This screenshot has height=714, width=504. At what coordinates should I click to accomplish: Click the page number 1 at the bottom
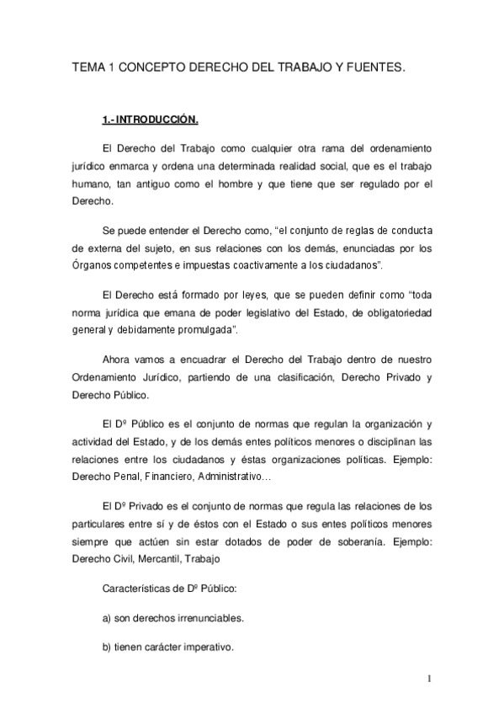coord(429,679)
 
